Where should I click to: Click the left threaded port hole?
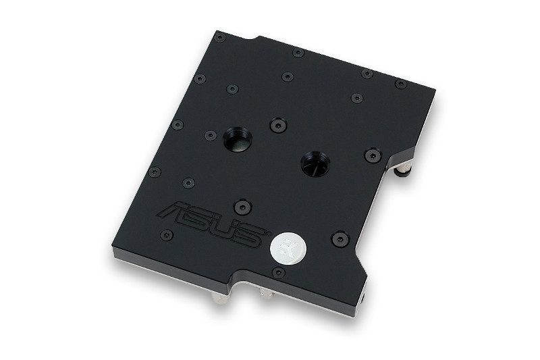[x=238, y=140]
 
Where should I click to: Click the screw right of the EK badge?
[x=340, y=239]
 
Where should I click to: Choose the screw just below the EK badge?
[x=277, y=272]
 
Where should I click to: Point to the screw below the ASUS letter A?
[x=166, y=235]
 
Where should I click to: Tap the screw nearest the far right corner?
[x=401, y=84]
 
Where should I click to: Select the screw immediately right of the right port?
[x=373, y=156]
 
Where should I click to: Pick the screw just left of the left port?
[x=211, y=136]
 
